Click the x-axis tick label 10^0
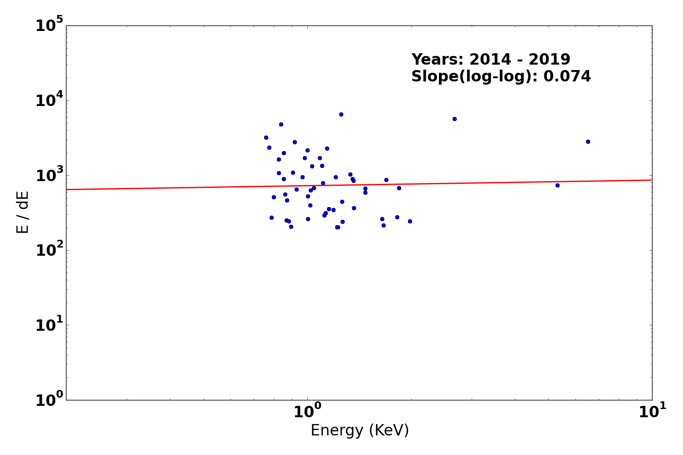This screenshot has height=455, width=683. [x=307, y=412]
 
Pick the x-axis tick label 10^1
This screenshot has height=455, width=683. [x=652, y=412]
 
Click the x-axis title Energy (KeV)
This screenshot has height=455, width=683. [x=360, y=430]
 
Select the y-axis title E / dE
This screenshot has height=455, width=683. [x=22, y=212]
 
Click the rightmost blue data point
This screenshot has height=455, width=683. [x=588, y=142]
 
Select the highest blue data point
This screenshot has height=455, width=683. [x=341, y=114]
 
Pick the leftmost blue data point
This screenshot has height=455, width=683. [x=266, y=137]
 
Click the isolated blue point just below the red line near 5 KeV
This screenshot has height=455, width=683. [x=557, y=185]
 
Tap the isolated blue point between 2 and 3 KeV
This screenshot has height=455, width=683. [x=454, y=119]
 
